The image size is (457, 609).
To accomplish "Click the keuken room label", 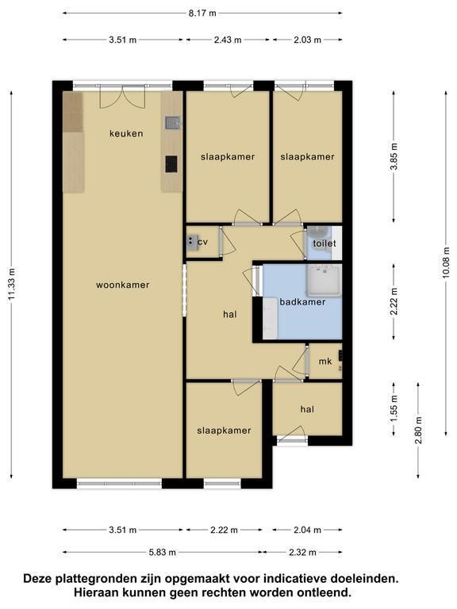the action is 126,133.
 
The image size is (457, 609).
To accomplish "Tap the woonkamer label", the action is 123,285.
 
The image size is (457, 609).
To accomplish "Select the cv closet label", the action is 203,243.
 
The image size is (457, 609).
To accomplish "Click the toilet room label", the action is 325,243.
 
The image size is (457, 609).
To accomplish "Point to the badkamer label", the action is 303,302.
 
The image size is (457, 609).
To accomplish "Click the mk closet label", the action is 325,362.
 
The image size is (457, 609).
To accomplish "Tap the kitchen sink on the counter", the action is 172,123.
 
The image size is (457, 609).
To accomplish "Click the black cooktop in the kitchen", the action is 171,164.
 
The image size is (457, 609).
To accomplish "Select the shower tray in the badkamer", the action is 324,281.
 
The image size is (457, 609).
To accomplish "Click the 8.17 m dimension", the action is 202,13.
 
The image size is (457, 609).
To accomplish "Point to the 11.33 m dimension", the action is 11,284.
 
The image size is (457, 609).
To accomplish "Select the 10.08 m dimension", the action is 446,263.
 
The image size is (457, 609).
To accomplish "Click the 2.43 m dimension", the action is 228,40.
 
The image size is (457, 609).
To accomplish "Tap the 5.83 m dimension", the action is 162,552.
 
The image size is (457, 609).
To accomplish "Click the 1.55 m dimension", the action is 394,408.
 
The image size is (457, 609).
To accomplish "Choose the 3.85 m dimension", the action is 394,156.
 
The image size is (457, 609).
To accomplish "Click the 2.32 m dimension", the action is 303,552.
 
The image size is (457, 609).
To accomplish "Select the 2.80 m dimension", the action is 419,431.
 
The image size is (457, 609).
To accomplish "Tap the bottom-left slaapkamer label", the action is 224,431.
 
